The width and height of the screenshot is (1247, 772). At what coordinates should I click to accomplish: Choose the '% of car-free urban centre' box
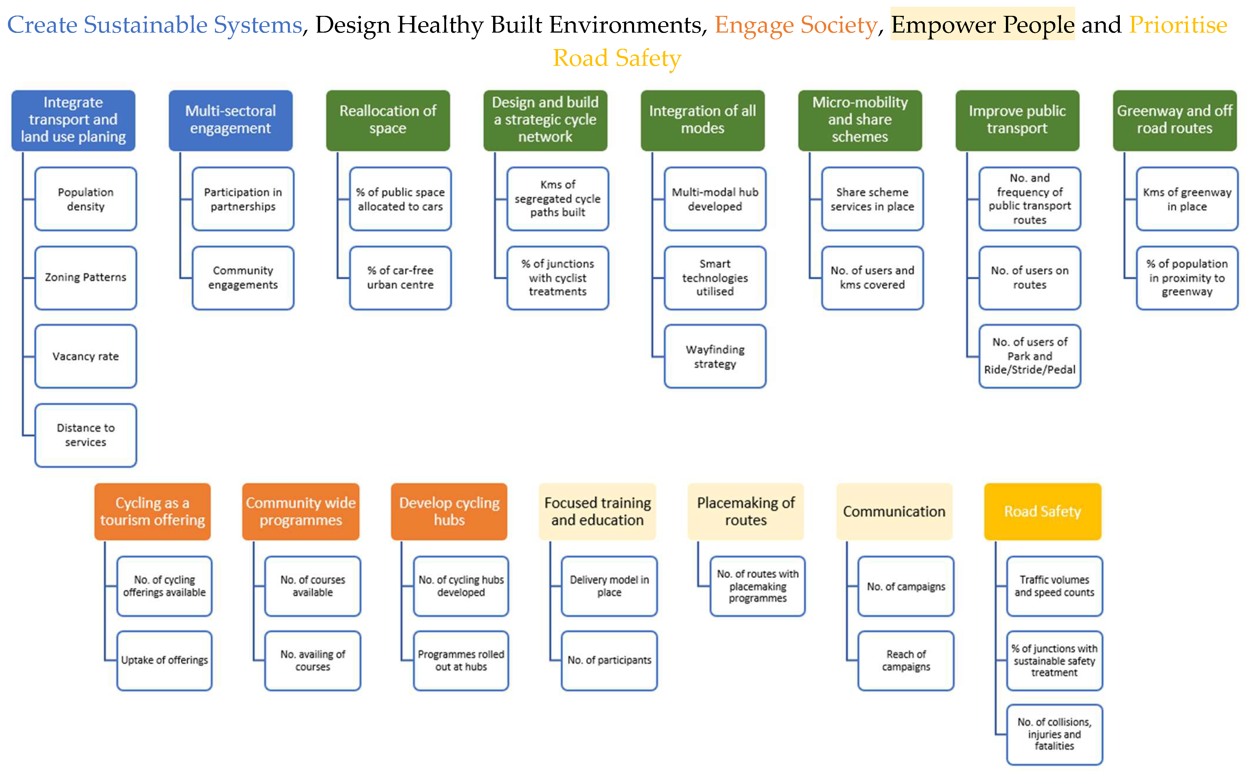click(x=400, y=278)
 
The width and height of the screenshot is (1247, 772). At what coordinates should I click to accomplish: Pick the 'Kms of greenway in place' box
click(x=1187, y=199)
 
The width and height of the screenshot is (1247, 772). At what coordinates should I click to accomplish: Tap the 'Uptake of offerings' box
click(x=164, y=660)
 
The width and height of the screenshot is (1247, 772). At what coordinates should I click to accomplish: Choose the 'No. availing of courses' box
click(x=312, y=660)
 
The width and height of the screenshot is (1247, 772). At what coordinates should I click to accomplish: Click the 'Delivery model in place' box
click(x=609, y=586)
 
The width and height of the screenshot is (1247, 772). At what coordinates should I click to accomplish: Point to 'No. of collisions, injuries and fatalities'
click(x=1054, y=734)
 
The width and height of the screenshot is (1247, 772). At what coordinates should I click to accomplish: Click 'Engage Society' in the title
click(x=795, y=24)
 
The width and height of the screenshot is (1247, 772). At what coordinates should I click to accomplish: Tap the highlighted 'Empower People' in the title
click(x=983, y=24)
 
